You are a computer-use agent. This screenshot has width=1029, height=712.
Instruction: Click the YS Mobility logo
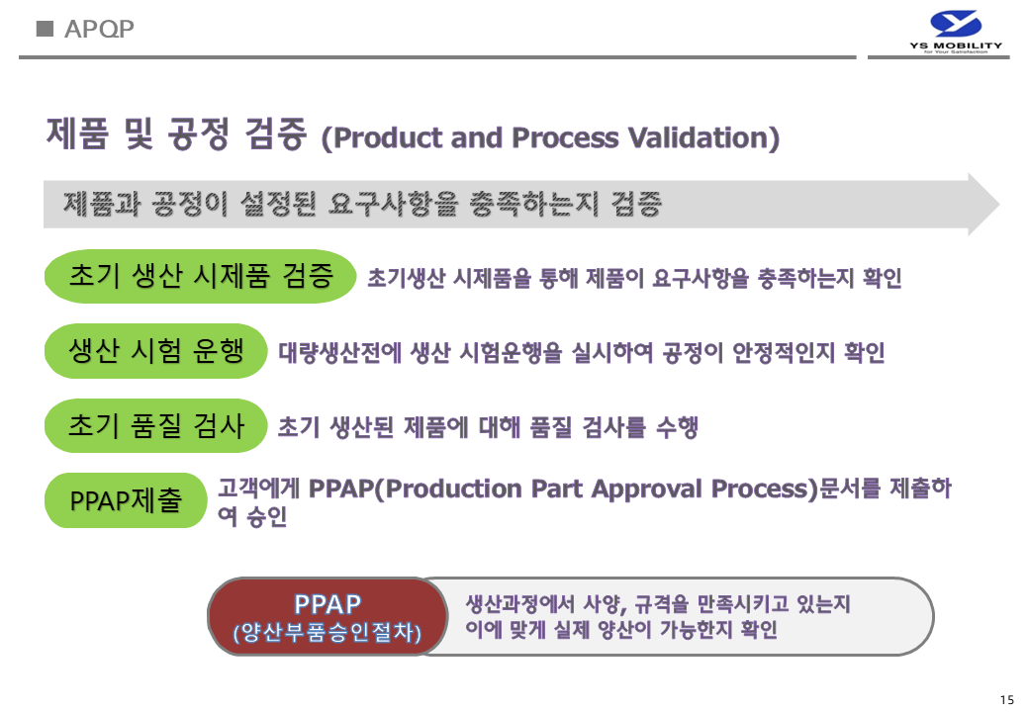[x=956, y=32]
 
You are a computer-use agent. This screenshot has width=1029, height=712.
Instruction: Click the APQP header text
[x=99, y=29]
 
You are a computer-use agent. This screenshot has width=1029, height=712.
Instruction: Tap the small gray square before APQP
[x=45, y=29]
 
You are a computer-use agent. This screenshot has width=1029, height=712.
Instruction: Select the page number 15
[x=1006, y=699]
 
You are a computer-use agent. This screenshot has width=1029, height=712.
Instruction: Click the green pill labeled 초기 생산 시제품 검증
[x=200, y=276]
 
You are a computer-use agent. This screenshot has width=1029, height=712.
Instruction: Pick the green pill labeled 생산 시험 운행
[x=155, y=351]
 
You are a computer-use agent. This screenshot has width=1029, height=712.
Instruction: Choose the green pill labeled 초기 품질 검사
[x=155, y=425]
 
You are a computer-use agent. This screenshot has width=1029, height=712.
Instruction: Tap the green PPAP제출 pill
[x=126, y=500]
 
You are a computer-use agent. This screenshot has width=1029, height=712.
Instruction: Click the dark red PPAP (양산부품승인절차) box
[x=327, y=616]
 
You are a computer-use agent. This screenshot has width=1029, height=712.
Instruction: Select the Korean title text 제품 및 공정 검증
[x=176, y=133]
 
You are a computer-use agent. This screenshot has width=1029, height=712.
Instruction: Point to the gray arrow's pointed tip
[x=999, y=205]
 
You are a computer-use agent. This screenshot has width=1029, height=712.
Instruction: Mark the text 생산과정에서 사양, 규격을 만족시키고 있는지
[x=658, y=603]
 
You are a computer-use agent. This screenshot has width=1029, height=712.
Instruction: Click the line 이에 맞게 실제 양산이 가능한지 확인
[x=620, y=629]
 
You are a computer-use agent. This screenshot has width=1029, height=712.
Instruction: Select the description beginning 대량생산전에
[x=582, y=353]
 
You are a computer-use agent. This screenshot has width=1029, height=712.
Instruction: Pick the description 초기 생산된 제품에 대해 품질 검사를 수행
[x=488, y=427]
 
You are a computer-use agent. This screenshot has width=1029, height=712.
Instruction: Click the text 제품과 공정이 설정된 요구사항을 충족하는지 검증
[x=362, y=204]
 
